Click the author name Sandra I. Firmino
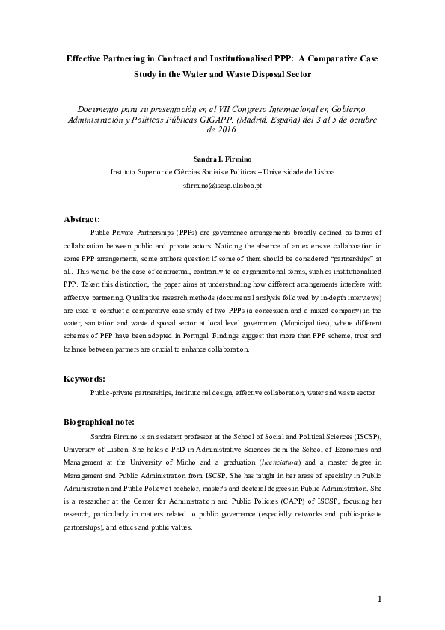(x=223, y=159)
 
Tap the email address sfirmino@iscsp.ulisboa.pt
(x=222, y=184)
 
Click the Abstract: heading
(x=82, y=219)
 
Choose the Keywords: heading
(x=85, y=379)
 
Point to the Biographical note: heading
(x=99, y=422)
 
